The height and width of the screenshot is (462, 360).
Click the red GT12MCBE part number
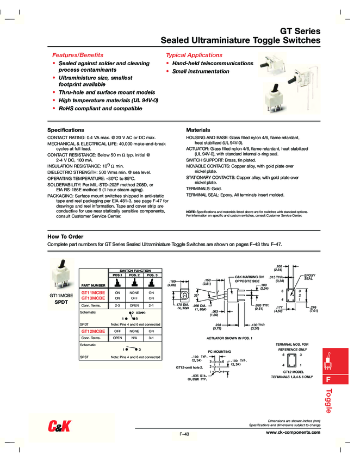coord(93,331)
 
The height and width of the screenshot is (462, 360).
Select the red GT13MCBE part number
coord(93,298)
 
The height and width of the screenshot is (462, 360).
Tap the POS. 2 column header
coord(134,275)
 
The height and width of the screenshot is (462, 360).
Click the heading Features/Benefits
coord(77,55)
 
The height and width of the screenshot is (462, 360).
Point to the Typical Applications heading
coord(194,55)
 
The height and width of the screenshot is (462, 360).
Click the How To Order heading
coord(65,236)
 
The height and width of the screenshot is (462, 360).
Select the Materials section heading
coord(198,130)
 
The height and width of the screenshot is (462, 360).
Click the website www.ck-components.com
coord(293,432)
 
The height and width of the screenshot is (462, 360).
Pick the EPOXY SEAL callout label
coord(308,277)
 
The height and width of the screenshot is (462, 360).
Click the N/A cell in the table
coord(134,338)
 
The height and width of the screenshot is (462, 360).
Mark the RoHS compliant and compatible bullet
coord(100,108)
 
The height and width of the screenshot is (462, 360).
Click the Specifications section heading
coord(66,130)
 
